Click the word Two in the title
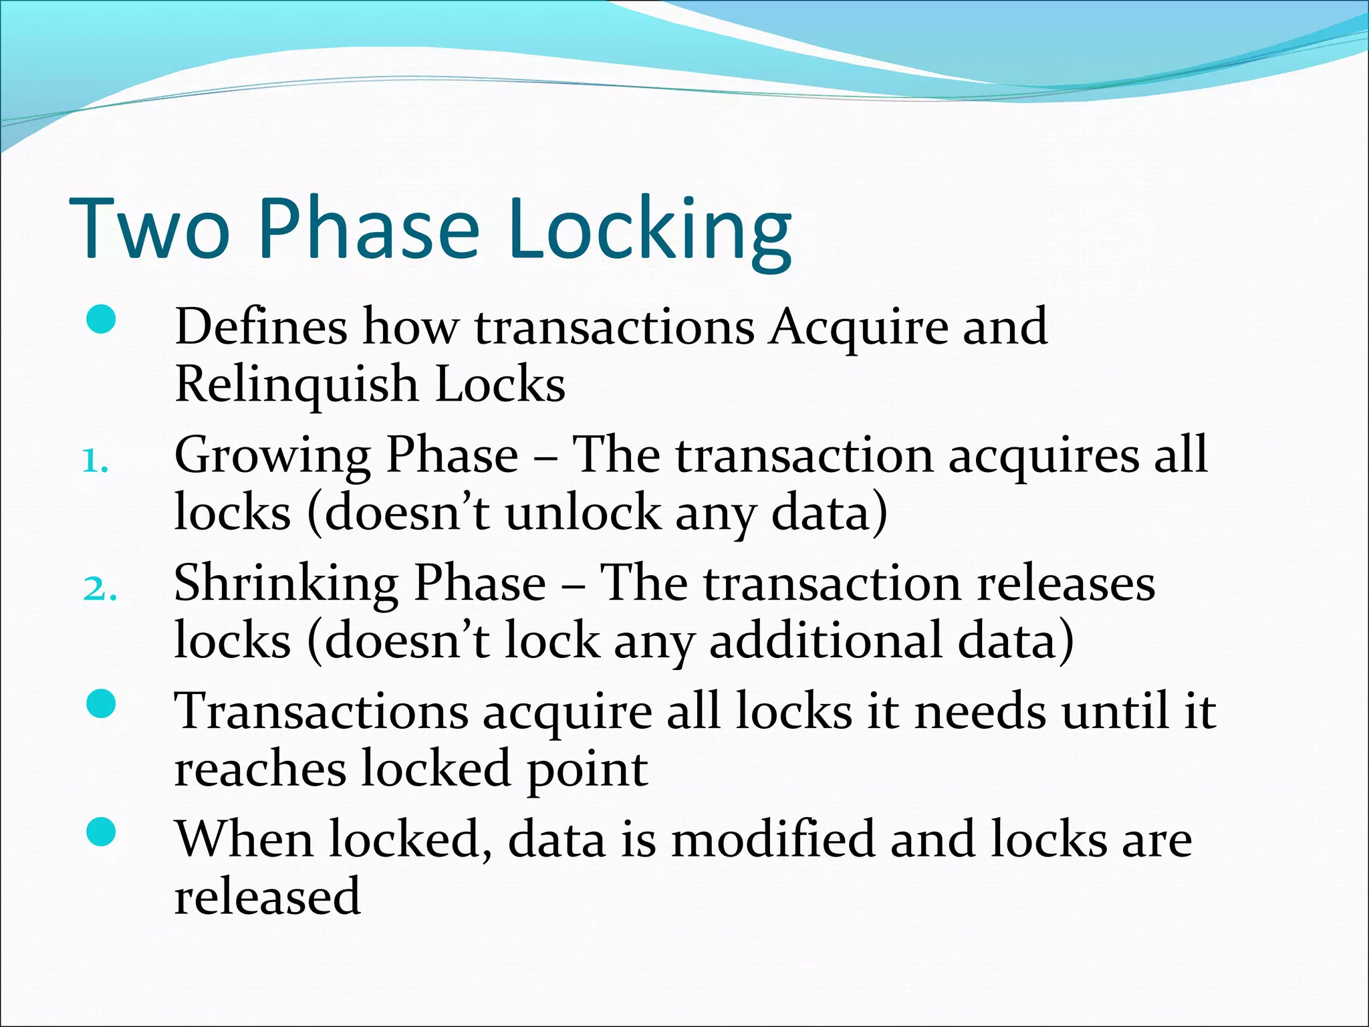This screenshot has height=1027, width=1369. pyautogui.click(x=150, y=229)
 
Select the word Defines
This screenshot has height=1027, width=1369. pyautogui.click(x=261, y=327)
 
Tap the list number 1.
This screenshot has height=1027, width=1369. pyautogui.click(x=95, y=462)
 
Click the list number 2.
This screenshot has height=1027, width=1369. pyautogui.click(x=99, y=590)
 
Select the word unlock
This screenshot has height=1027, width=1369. pyautogui.click(x=582, y=513)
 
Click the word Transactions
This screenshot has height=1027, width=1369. pyautogui.click(x=321, y=711)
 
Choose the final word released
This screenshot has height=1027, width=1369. pyautogui.click(x=267, y=897)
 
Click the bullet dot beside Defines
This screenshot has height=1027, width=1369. pyautogui.click(x=102, y=320)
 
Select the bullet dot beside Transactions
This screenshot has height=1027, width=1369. pyautogui.click(x=102, y=703)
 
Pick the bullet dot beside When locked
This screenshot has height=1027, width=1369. pyautogui.click(x=102, y=832)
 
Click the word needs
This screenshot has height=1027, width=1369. pyautogui.click(x=979, y=711)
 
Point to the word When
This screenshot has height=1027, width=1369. pyautogui.click(x=245, y=839)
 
